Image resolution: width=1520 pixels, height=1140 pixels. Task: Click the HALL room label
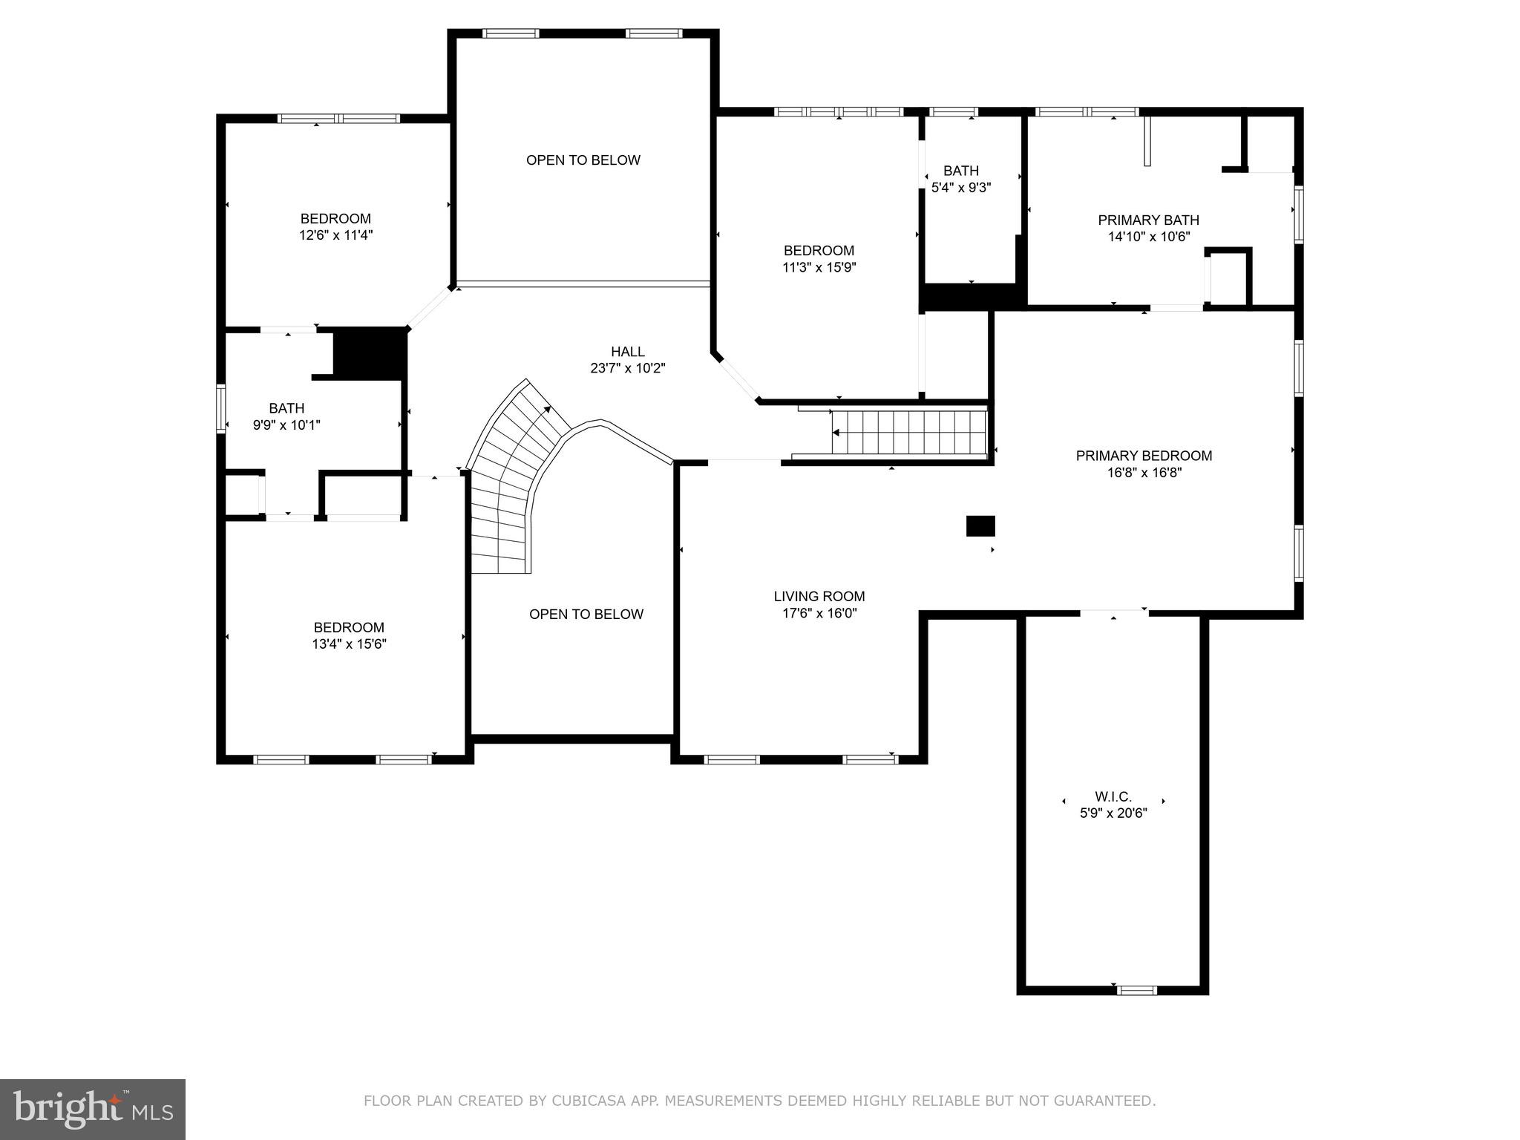tap(627, 352)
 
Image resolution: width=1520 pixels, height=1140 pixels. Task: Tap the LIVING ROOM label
tap(819, 596)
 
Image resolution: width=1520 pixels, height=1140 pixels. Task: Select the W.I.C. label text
tap(1113, 796)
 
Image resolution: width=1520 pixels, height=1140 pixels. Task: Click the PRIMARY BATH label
tap(1148, 220)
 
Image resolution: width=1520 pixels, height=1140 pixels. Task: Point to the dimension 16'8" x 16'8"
tap(1144, 472)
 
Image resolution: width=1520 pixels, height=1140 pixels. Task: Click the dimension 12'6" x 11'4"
tap(335, 235)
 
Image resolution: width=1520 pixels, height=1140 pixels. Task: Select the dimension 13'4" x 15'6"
tap(349, 644)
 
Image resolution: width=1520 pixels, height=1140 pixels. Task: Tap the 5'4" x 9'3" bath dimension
tap(961, 188)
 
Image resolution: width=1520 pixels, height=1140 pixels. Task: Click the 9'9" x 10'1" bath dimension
tap(286, 425)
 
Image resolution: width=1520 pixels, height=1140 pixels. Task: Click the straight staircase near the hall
tap(909, 433)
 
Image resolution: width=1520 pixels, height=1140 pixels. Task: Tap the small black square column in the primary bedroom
tap(980, 525)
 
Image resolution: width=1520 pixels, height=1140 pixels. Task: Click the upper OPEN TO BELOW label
tap(583, 160)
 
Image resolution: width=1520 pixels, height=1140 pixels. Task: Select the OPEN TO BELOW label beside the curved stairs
tap(586, 615)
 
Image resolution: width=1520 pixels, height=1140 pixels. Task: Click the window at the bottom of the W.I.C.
tap(1136, 989)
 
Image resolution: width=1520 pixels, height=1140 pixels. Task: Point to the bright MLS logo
tap(92, 1109)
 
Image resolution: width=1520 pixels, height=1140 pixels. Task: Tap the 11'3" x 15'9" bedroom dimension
tap(819, 267)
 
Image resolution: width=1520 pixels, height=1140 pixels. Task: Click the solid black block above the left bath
tap(370, 353)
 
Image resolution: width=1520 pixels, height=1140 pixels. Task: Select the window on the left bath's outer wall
tap(220, 407)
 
